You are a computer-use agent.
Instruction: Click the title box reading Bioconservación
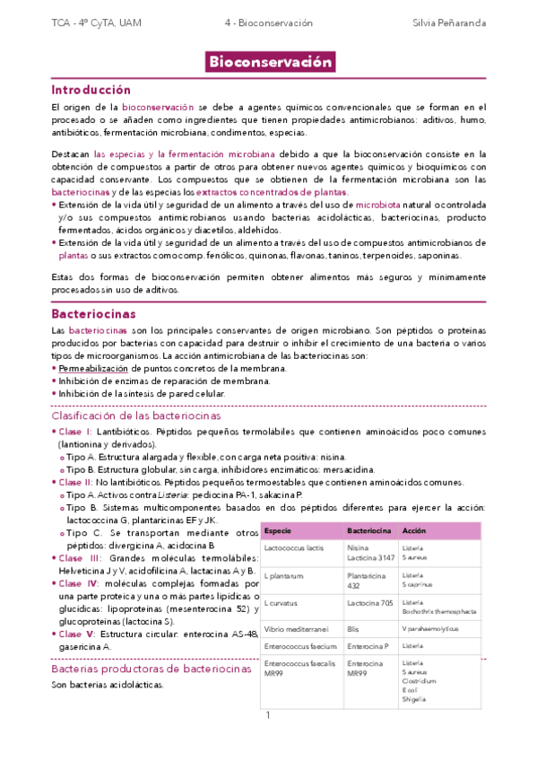[x=270, y=62]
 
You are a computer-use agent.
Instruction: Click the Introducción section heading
[x=91, y=90]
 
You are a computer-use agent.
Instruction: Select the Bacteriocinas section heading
[x=93, y=314]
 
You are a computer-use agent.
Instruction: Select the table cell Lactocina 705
[x=369, y=603]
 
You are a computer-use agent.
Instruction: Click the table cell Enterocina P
[x=367, y=646]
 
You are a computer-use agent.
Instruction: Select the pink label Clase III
[x=81, y=558]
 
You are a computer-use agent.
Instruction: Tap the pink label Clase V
[x=79, y=634]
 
